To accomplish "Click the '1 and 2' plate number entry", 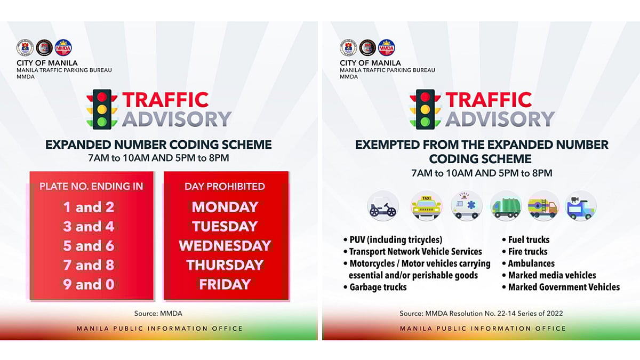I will [x=89, y=207].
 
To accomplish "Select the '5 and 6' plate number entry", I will [x=89, y=246].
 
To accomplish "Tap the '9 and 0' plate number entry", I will [x=89, y=285].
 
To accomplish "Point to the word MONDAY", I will [x=225, y=207].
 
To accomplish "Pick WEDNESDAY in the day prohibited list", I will [x=225, y=246].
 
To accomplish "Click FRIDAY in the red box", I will [x=225, y=285].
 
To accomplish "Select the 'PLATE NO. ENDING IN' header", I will [x=91, y=186].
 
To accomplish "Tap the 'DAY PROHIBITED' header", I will [x=225, y=186].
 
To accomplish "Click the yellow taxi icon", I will [x=427, y=206].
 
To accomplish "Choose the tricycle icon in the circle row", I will [x=383, y=206].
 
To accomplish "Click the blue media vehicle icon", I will [x=581, y=206].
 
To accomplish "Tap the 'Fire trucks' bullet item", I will [x=527, y=252].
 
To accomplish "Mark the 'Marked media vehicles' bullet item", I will [x=552, y=275].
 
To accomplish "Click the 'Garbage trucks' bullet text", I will [x=378, y=287].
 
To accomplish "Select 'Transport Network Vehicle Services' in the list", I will [x=415, y=252].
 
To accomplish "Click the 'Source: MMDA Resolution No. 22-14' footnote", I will [x=481, y=314].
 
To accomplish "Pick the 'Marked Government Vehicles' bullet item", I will [x=564, y=287].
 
